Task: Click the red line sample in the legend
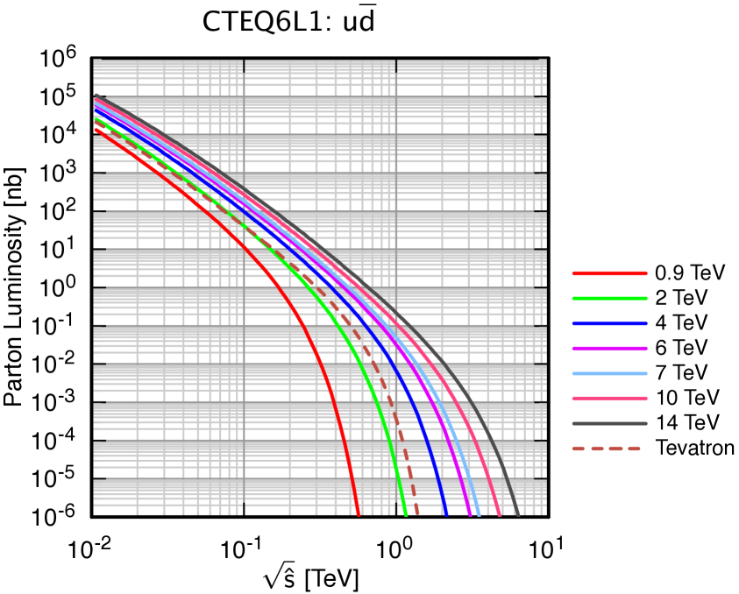coord(609,273)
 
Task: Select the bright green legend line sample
coord(609,299)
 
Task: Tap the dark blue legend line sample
coord(609,323)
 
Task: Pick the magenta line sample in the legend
coord(609,349)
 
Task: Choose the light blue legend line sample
coord(609,373)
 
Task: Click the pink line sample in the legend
coord(609,399)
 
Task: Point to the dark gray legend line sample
coord(609,423)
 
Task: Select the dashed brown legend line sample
coord(606,449)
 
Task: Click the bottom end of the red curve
coord(358,514)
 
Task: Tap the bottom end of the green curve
coord(406,514)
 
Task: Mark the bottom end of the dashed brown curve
coord(417,514)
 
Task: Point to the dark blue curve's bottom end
coord(446,514)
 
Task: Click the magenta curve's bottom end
coord(471,514)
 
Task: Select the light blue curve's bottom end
coord(479,514)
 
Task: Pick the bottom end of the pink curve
coord(500,514)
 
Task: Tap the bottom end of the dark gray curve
coord(519,514)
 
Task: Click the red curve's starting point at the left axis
coord(95,130)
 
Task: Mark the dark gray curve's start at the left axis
coord(95,95)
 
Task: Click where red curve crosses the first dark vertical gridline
coord(244,244)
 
